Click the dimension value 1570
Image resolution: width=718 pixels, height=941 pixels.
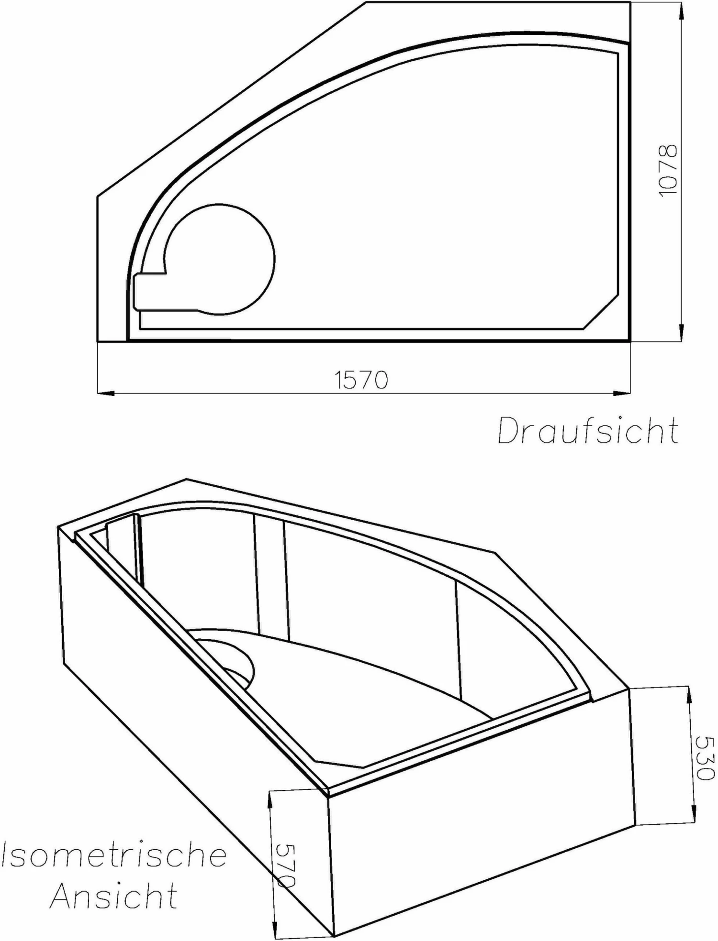point(361,380)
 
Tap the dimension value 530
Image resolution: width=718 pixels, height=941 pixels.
point(704,758)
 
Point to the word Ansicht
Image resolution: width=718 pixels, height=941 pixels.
point(114,896)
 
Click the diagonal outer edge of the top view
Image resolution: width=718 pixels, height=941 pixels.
point(230,100)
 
